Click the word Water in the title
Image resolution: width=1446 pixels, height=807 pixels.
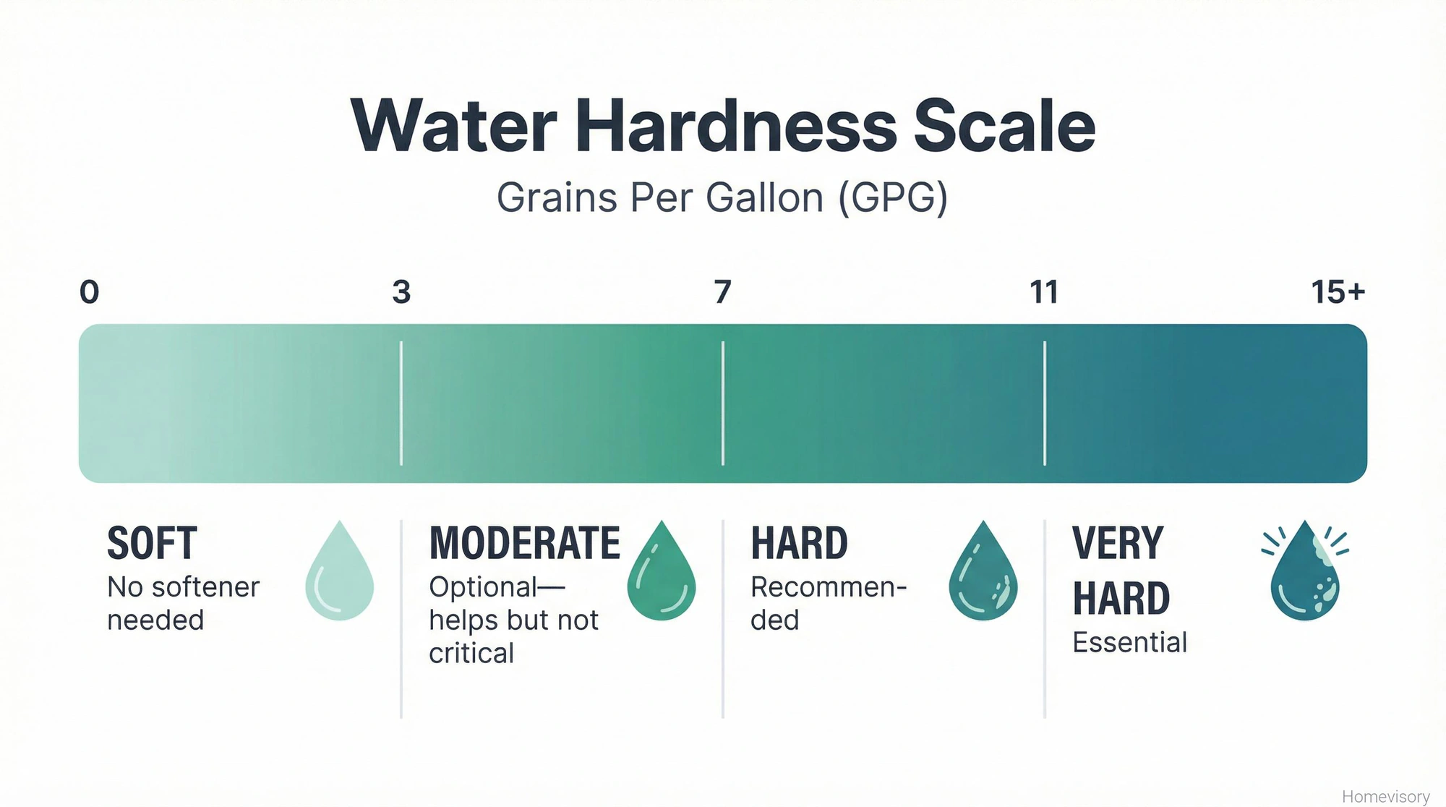pos(453,126)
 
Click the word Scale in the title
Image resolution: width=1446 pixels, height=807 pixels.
pos(1004,126)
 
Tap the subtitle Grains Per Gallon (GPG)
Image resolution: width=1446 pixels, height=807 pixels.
pos(722,197)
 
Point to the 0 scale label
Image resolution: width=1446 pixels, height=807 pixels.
pos(89,292)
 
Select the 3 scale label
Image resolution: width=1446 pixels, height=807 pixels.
pos(401,292)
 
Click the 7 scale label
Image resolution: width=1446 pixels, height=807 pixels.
pos(722,292)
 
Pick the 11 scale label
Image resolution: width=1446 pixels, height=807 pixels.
pos(1044,292)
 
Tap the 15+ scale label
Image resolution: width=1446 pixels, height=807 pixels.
pos(1338,292)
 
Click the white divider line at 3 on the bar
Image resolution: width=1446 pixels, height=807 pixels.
pos(401,403)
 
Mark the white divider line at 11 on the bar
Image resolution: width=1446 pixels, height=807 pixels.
pos(1045,403)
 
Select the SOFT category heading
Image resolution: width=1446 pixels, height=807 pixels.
pos(152,543)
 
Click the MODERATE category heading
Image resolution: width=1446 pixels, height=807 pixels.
pos(524,543)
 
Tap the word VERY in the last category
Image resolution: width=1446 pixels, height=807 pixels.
pos(1118,543)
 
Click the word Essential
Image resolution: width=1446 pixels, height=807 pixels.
pos(1129,642)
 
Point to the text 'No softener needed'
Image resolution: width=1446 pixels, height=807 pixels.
pos(183,603)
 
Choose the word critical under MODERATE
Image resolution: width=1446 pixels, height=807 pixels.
pos(471,654)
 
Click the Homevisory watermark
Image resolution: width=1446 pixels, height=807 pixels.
pos(1385,796)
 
